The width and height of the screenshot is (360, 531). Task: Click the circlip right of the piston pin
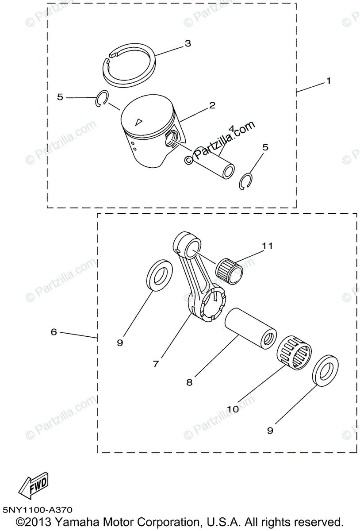[x=246, y=181]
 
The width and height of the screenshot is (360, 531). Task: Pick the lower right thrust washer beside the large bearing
[x=325, y=369]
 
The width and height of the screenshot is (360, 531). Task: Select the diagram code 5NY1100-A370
[x=37, y=510]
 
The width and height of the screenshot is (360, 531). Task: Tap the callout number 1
[x=328, y=81]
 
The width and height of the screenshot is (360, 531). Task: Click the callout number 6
[x=54, y=331]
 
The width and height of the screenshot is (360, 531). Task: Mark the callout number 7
[x=156, y=364]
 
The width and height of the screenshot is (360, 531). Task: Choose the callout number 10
[x=233, y=409]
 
